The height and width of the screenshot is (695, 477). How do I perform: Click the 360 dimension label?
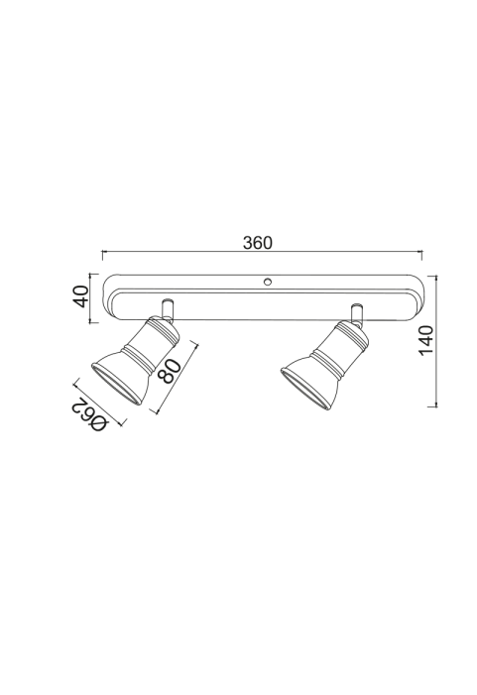[258, 243]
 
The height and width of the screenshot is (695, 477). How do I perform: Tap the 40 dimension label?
[81, 296]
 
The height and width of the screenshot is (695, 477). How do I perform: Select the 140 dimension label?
[426, 339]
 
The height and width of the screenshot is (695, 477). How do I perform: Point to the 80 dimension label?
[171, 370]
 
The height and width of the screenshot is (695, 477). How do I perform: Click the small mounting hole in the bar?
[268, 282]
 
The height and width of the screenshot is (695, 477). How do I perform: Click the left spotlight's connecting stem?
[168, 309]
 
